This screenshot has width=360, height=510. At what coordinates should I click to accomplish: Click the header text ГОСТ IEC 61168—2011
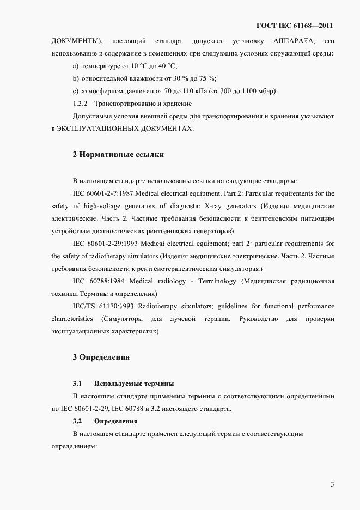(x=295, y=25)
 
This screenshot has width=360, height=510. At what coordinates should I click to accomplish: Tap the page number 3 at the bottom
(x=332, y=484)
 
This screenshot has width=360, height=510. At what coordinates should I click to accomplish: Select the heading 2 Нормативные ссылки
(x=118, y=154)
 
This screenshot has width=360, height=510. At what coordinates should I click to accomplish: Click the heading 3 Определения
(x=101, y=357)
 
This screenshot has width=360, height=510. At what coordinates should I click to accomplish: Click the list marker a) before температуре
(x=76, y=66)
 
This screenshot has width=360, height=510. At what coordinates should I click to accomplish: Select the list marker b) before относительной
(x=76, y=78)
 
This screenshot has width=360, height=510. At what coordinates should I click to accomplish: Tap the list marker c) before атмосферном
(x=76, y=90)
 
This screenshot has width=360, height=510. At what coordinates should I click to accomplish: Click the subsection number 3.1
(x=77, y=384)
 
